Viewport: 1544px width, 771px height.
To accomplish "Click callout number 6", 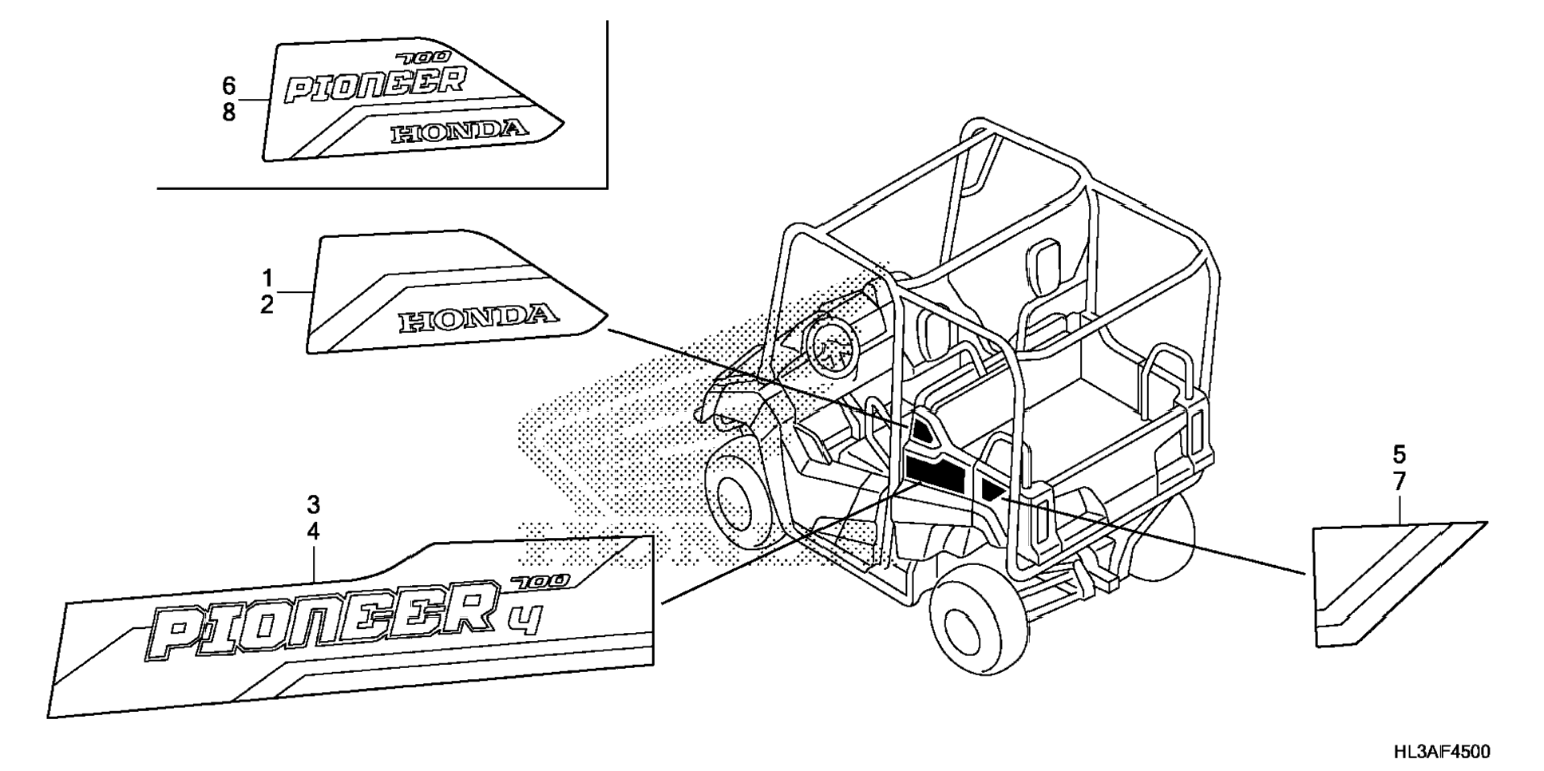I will coord(229,85).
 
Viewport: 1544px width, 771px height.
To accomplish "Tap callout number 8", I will coord(229,113).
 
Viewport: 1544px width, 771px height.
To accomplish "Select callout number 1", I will coord(267,278).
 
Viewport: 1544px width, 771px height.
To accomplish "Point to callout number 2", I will coord(267,304).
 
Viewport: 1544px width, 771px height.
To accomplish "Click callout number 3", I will coord(314,504).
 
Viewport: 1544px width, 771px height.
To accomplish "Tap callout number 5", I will coord(1399,455).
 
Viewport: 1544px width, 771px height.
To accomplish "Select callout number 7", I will coord(1399,482).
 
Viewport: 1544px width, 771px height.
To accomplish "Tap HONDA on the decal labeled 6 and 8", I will coord(460,132).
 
